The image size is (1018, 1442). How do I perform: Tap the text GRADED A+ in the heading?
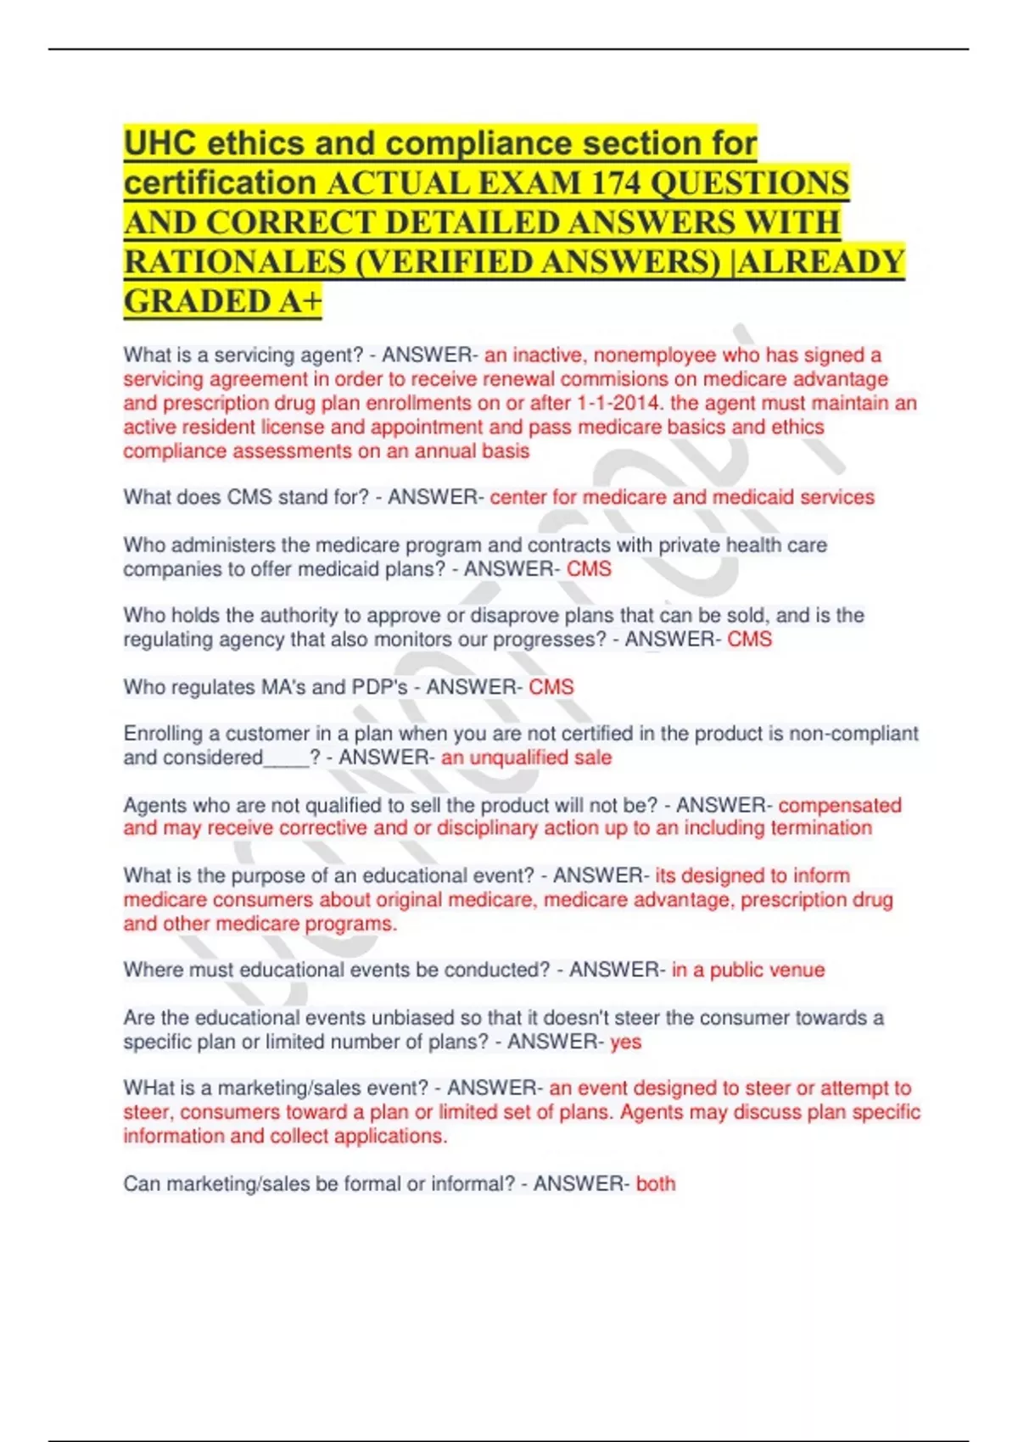[x=223, y=302]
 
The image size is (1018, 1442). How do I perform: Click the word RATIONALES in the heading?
[x=235, y=262]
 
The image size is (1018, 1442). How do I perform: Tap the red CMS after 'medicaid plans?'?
[x=589, y=568]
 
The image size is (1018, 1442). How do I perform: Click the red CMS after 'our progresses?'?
[x=750, y=639]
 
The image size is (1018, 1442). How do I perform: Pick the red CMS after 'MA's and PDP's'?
[x=551, y=686]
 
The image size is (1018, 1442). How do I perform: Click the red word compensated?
[x=840, y=805]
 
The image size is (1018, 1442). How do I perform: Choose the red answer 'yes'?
[x=626, y=1042]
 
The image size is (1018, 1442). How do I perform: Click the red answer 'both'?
[x=656, y=1183]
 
